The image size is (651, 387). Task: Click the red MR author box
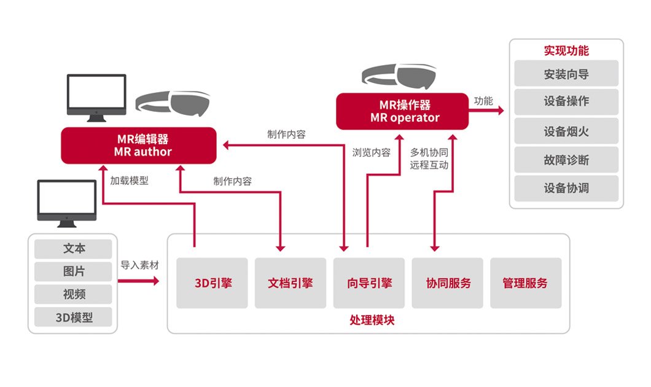tap(138, 145)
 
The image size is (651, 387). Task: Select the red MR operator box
tap(402, 111)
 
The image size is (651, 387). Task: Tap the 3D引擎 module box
tap(212, 283)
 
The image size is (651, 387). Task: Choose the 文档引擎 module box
tap(290, 283)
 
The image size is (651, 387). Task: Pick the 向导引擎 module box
tap(369, 283)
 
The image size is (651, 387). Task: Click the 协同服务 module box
tap(448, 283)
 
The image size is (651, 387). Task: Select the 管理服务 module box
tap(526, 283)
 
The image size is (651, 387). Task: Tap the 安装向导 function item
tap(566, 74)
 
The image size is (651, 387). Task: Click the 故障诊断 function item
tap(566, 160)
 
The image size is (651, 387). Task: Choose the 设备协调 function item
tap(566, 188)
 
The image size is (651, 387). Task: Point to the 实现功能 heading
tap(566, 50)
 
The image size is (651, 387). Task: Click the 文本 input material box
tap(74, 249)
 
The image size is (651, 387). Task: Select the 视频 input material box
tap(74, 294)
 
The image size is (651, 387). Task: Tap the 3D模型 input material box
tap(74, 317)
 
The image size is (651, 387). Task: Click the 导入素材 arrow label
tap(139, 265)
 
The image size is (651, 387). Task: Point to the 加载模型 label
tap(129, 181)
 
